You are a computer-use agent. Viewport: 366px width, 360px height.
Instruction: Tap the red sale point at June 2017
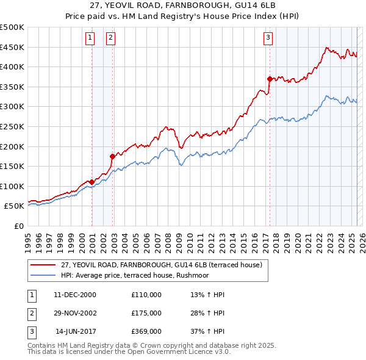click(x=269, y=79)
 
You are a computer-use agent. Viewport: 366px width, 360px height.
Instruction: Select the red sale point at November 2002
click(x=112, y=156)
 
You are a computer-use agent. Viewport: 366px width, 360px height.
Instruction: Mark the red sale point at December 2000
click(x=91, y=182)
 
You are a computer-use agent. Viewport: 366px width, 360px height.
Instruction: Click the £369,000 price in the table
click(x=146, y=331)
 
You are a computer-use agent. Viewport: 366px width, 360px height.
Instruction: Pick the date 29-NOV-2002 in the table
click(x=75, y=313)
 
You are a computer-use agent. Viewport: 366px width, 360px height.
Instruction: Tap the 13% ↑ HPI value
click(x=208, y=295)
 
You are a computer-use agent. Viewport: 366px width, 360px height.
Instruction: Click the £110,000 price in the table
click(x=146, y=295)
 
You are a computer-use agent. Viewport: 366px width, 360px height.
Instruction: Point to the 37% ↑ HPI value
click(x=208, y=331)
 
